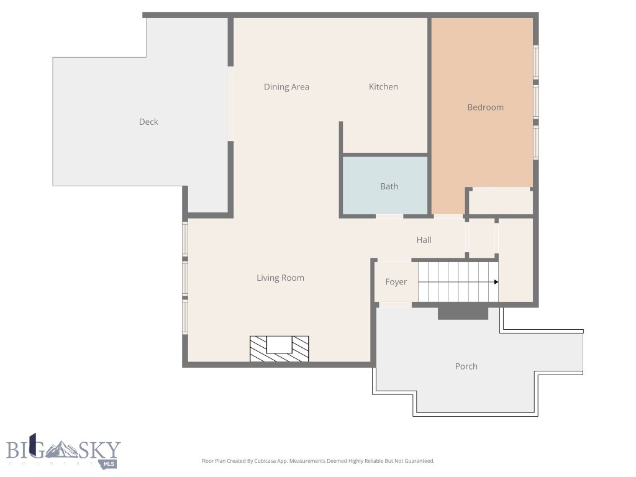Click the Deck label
148,122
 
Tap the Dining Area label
286,87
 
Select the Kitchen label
383,87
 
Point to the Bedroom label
485,107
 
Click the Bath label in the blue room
389,186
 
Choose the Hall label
424,240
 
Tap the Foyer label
396,282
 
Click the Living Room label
280,278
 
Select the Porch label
466,366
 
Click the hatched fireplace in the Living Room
279,348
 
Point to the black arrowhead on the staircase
496,282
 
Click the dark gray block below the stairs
463,312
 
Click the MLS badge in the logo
109,464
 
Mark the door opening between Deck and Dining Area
230,104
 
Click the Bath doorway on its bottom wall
389,216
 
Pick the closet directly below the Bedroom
500,202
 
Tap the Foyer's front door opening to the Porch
394,304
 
